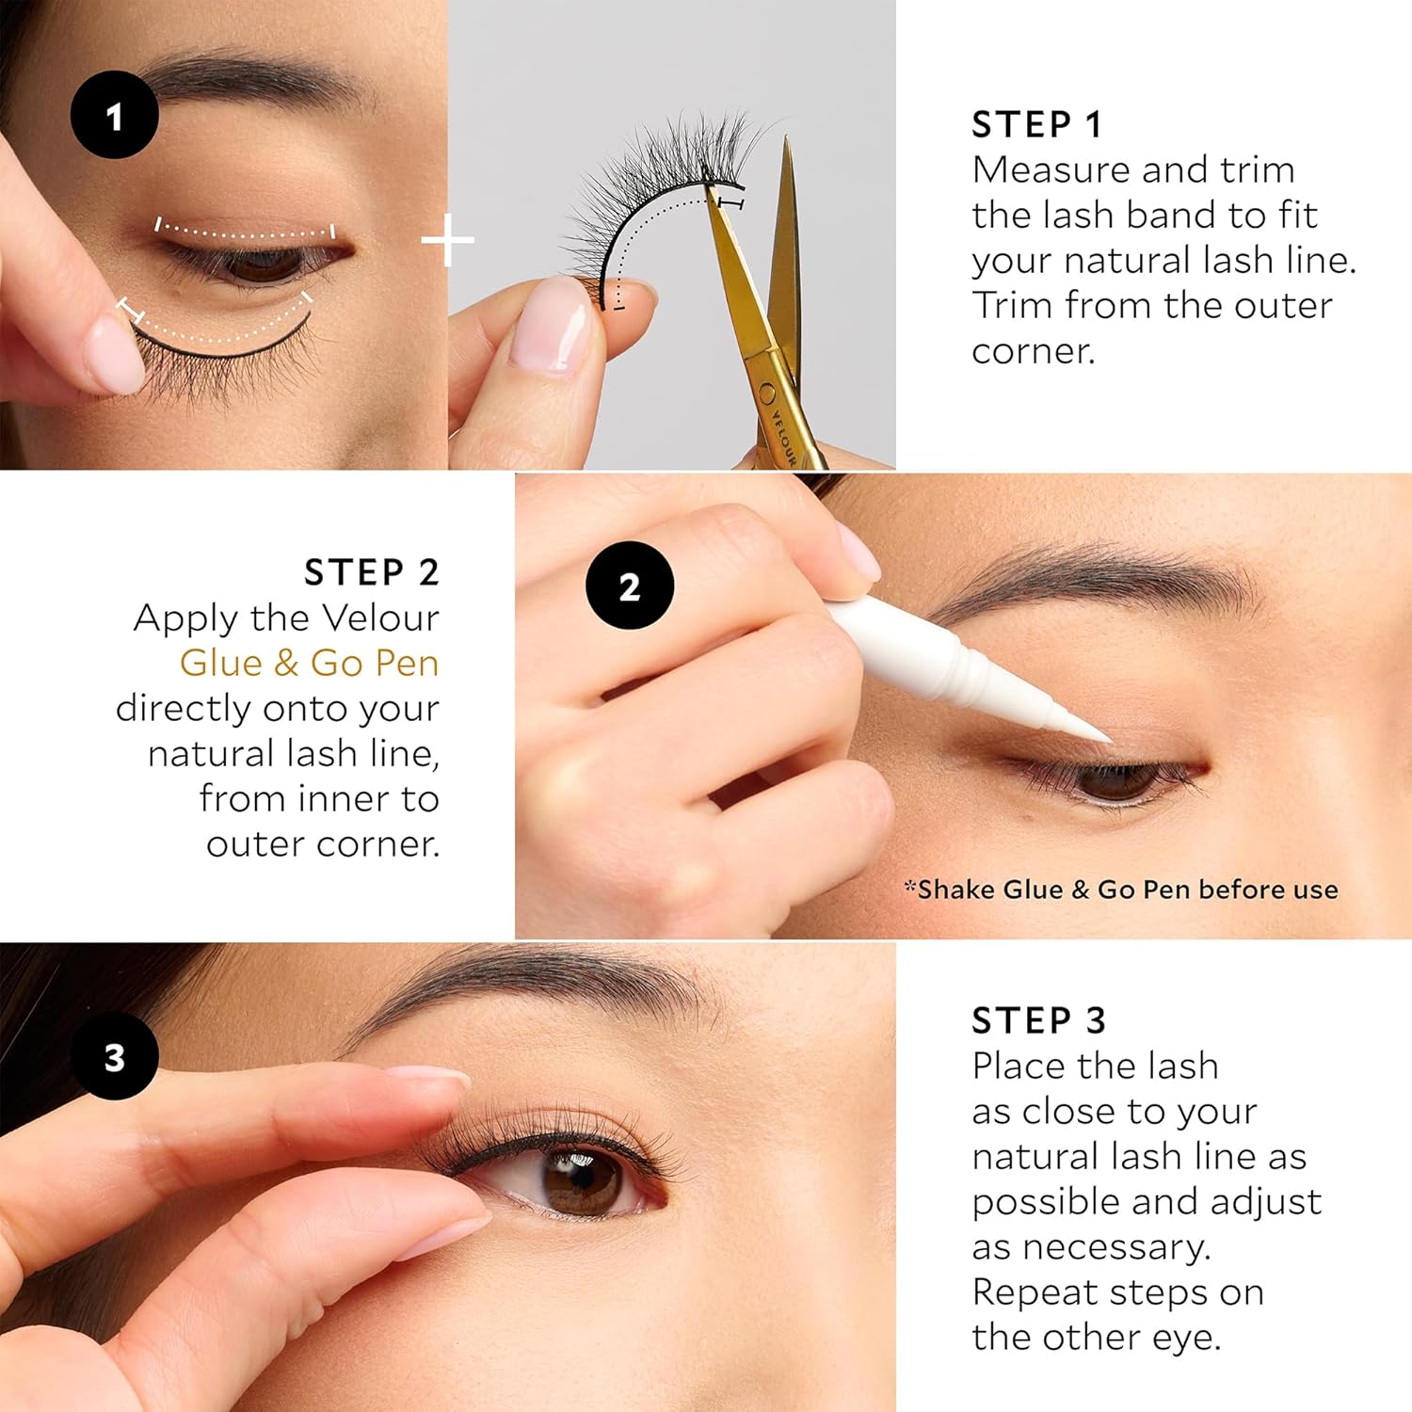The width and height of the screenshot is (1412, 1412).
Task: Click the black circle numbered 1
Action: coord(114,115)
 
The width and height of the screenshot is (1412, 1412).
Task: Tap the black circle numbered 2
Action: coord(630,586)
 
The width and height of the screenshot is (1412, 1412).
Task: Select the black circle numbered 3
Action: coord(114,1056)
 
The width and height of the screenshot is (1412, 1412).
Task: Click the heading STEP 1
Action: coord(1036,124)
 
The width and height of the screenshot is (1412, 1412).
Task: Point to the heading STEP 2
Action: coord(372,572)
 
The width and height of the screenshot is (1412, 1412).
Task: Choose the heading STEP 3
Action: coord(1038,1020)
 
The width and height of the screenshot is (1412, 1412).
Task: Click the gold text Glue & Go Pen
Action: coord(310,663)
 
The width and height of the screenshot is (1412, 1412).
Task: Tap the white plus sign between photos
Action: coord(448,241)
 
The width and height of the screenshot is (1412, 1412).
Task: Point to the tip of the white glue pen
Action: coord(1111,740)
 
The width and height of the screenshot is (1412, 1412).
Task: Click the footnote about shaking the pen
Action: coord(1121,890)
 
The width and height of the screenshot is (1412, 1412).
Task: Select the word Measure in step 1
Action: coord(1051,170)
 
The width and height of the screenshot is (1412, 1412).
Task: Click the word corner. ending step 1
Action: coord(1034,352)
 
